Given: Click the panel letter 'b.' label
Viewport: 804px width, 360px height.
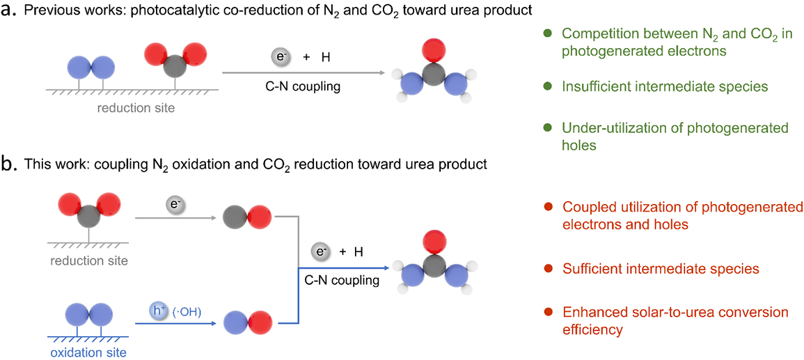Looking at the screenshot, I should click(x=10, y=166).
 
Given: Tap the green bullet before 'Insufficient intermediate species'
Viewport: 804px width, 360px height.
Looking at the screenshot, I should click(x=547, y=86).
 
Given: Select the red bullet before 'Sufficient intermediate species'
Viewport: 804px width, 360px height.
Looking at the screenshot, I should click(x=549, y=268).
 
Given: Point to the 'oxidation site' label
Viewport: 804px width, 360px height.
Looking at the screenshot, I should click(x=81, y=352).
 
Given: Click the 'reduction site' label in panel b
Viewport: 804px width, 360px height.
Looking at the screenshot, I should click(x=88, y=260).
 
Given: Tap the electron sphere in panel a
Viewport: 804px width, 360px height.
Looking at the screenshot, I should click(x=279, y=57).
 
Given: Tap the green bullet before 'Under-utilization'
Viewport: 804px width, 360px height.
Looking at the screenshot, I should click(x=547, y=128).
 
